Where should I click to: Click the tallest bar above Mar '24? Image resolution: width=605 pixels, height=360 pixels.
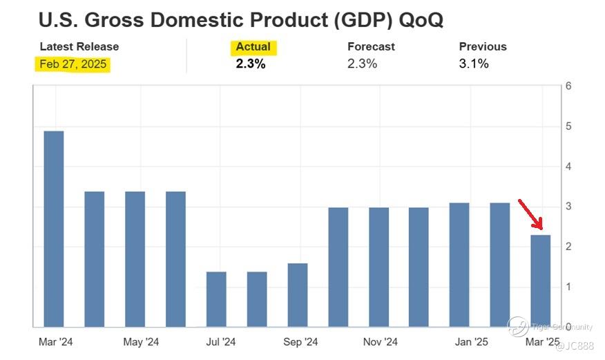tap(53, 228)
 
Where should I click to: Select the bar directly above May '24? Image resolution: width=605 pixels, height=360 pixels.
tap(135, 258)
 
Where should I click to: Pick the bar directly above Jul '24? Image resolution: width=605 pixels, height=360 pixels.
tap(216, 299)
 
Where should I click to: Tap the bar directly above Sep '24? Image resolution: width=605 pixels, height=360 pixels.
tap(298, 294)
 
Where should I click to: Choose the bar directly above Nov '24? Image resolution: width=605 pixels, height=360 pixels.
tap(378, 267)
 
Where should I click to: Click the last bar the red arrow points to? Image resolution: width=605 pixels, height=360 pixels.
tap(541, 281)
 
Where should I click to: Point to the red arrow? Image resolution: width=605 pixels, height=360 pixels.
tap(530, 214)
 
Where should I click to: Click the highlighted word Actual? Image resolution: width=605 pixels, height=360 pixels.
tap(253, 47)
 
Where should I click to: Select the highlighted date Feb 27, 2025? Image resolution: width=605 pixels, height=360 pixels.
tap(73, 64)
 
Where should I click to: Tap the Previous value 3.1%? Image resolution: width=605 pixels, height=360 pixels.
tap(474, 64)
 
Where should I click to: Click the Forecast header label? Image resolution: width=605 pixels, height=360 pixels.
tap(371, 47)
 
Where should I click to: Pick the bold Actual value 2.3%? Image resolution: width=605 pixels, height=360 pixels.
tap(251, 64)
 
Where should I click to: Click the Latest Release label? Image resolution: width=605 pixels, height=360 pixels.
tap(79, 47)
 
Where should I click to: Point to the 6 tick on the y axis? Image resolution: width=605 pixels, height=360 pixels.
tap(568, 86)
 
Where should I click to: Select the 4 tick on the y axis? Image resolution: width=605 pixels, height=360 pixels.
tap(568, 167)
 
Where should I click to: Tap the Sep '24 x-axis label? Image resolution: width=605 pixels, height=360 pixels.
tap(301, 342)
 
